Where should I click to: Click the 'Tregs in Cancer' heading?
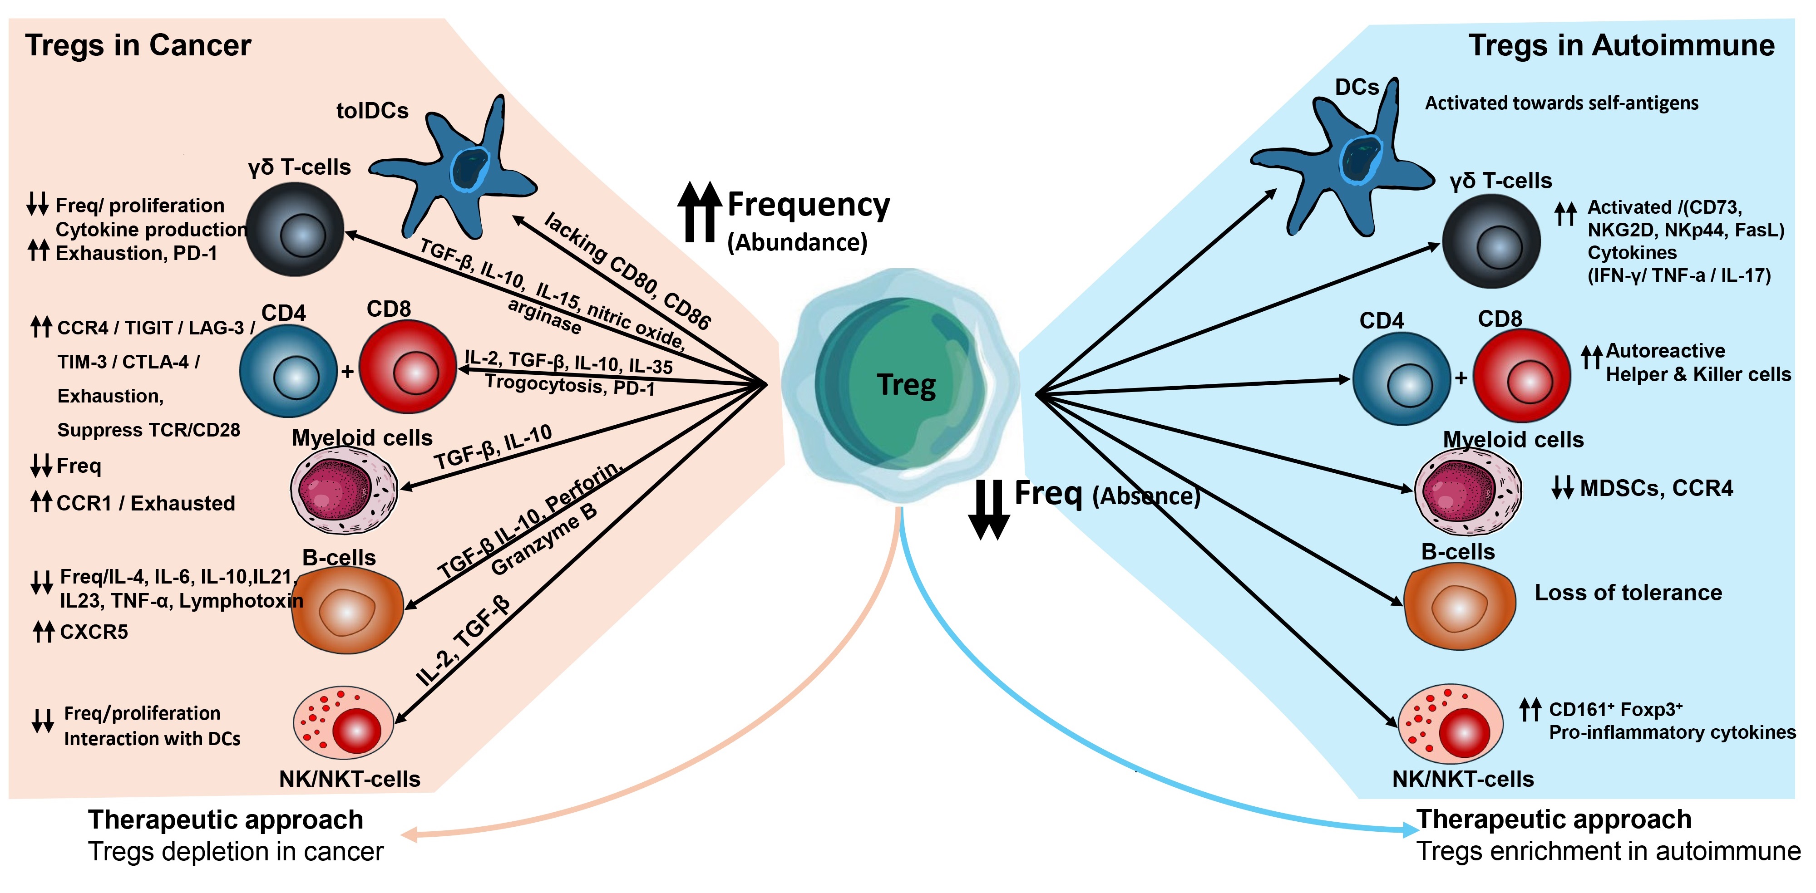click(138, 45)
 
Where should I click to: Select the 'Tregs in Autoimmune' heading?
click(1621, 45)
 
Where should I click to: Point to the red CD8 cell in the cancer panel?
click(408, 367)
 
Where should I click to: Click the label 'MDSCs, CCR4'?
click(1656, 488)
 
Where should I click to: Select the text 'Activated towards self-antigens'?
click(1561, 103)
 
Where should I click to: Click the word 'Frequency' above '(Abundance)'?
click(809, 205)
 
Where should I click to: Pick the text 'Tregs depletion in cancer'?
click(236, 851)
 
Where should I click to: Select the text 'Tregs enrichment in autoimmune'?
click(1608, 851)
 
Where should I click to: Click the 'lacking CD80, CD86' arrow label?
click(627, 271)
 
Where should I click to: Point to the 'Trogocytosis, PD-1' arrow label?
click(570, 386)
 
